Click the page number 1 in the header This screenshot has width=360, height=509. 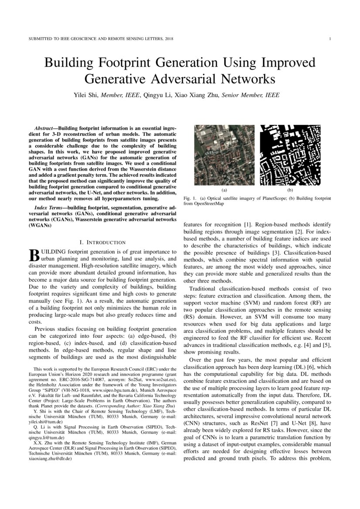pos(331,39)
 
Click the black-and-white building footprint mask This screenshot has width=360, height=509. pos(290,155)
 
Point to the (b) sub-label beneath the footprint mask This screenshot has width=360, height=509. pos(290,190)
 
